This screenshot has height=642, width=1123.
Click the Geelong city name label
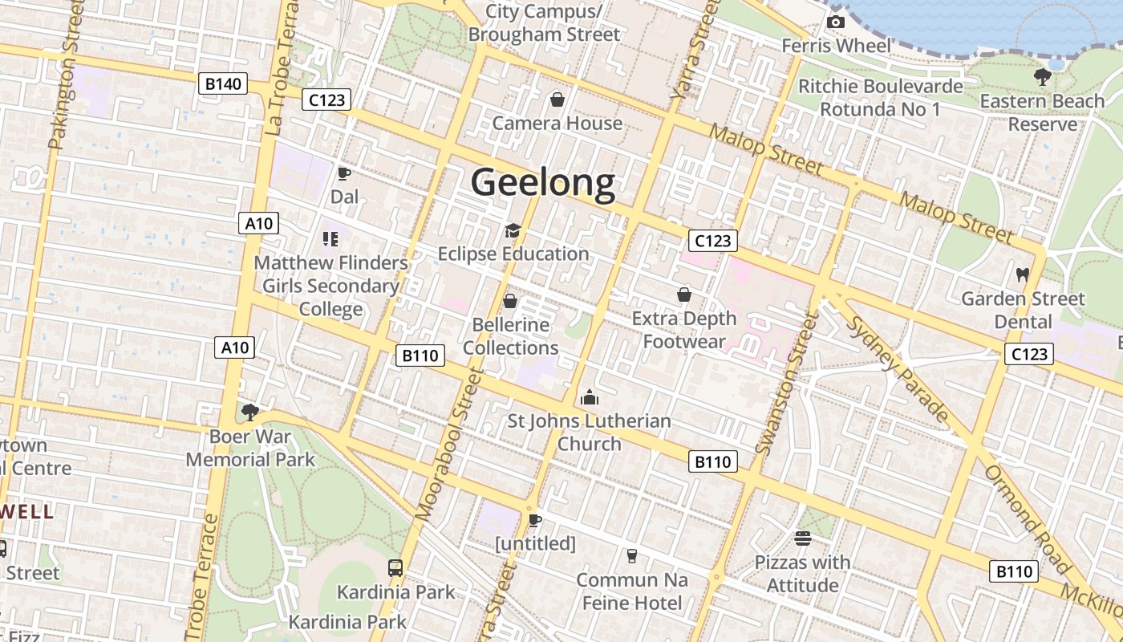[x=543, y=183]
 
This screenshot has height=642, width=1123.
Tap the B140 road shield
[x=223, y=83]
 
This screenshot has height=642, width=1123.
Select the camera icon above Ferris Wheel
[x=836, y=22]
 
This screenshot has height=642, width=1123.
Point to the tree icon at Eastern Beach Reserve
[x=1042, y=77]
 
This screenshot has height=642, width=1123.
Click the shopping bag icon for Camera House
[x=557, y=100]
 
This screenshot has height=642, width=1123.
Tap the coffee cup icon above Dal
[x=344, y=173]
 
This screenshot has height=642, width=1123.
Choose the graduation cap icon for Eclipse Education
[x=513, y=231]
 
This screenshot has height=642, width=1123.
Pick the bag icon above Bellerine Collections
[x=510, y=301]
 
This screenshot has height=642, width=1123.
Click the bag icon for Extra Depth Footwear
[x=684, y=295]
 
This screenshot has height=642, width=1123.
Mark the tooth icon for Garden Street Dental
[x=1022, y=274]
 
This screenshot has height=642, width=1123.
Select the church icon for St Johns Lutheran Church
[x=590, y=397]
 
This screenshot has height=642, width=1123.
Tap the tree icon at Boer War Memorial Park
[x=250, y=412]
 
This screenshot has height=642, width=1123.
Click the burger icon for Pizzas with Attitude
[x=802, y=538]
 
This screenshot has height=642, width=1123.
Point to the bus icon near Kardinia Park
[x=395, y=568]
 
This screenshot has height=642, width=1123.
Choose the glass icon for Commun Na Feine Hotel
[x=632, y=555]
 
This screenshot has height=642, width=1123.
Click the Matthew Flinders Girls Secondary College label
[x=331, y=286]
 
